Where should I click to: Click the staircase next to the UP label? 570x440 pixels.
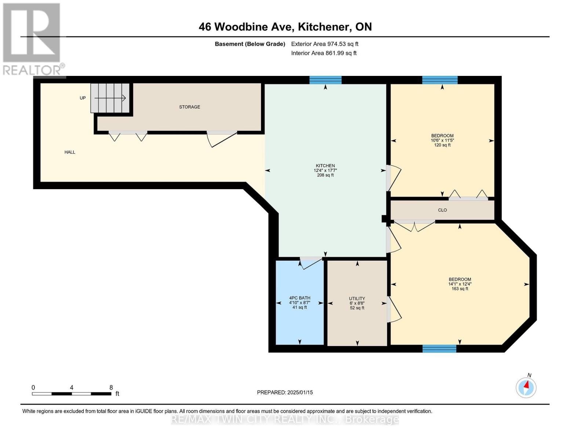coord(110,98)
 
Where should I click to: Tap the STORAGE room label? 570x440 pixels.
coord(189,107)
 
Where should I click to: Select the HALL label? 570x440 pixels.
coord(70,152)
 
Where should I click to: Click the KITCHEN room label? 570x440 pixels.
coord(325,166)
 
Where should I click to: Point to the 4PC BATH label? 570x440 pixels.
coord(299,298)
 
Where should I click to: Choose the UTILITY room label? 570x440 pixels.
coord(357,298)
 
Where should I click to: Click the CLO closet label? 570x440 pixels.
coord(442,210)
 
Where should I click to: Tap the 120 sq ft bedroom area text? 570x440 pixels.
coord(442,145)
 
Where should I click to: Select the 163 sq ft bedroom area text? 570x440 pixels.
coord(460,289)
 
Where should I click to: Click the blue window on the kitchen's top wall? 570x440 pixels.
coord(325,80)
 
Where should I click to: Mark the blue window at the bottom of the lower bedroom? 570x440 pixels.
coord(439,349)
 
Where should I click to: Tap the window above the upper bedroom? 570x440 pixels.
coord(440,80)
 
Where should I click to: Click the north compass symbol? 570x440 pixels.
coord(526,387)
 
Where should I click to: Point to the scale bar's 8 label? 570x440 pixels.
coord(111,388)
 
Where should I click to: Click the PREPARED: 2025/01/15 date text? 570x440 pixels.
coord(285,392)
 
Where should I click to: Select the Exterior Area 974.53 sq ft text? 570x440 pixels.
coord(324,44)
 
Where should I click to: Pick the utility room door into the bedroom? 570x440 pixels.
coord(394,310)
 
